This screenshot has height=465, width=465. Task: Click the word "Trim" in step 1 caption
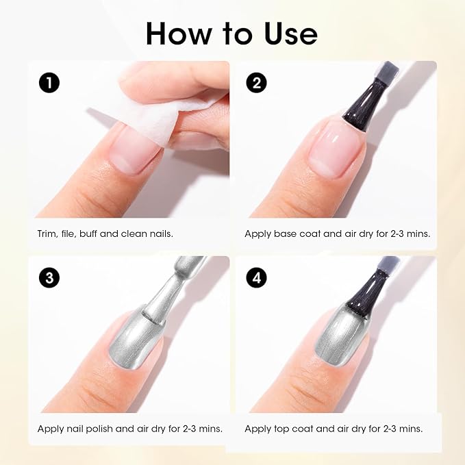[x=47, y=234]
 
